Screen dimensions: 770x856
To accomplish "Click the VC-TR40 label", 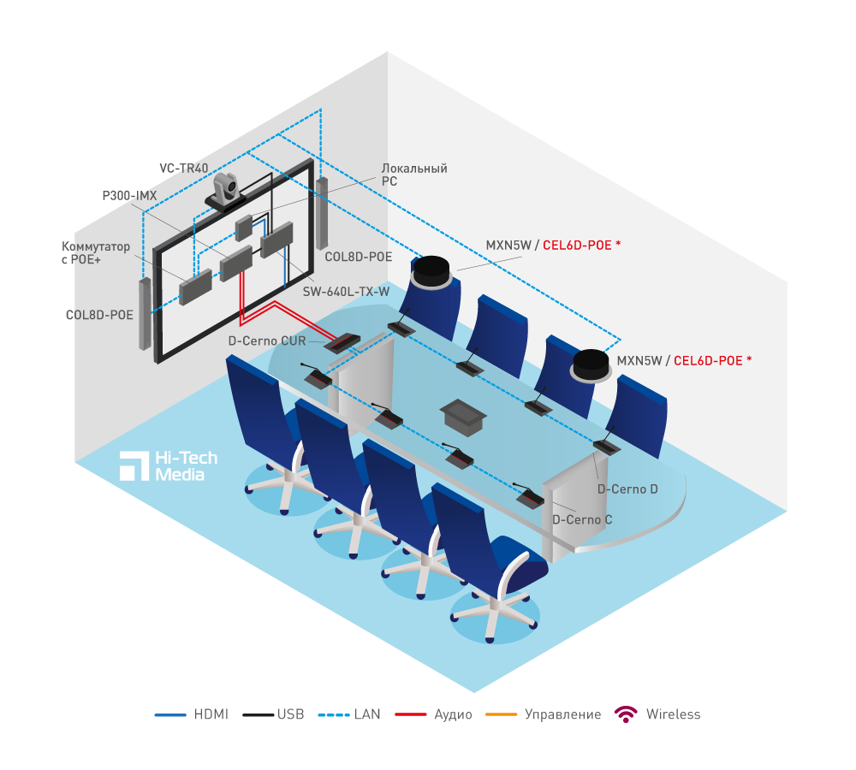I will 184,169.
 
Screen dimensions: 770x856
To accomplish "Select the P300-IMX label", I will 129,196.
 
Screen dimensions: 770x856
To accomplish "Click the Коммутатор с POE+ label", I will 98,253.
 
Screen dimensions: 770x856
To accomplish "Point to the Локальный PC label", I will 414,175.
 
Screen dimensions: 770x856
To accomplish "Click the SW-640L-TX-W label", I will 346,292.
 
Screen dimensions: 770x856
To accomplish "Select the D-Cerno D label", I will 627,489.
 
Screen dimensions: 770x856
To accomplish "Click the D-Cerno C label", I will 582,519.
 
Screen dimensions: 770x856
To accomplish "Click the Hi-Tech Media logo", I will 169,465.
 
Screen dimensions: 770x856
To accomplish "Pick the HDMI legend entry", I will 192,714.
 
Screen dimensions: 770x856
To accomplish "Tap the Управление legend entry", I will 543,714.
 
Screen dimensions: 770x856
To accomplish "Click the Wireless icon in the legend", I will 627,714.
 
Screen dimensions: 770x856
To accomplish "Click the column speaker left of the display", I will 146,314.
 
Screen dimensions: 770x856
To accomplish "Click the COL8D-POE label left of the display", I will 99,315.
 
